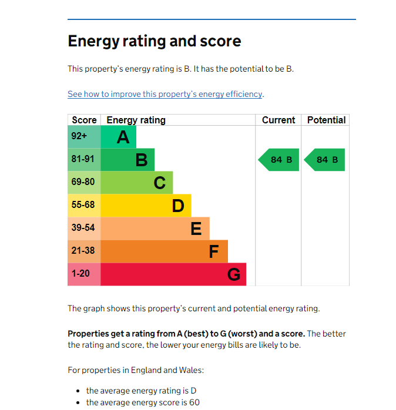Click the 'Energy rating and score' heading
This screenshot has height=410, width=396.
click(154, 41)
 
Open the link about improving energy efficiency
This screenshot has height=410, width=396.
click(165, 94)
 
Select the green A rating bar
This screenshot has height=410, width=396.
click(119, 137)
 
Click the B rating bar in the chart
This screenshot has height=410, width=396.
click(127, 160)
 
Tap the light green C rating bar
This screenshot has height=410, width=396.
click(137, 183)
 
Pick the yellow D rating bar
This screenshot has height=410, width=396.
click(146, 206)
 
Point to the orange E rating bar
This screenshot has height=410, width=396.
click(155, 228)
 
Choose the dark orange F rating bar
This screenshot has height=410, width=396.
click(164, 251)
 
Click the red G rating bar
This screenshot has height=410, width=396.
click(173, 274)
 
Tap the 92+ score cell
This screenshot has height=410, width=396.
click(84, 137)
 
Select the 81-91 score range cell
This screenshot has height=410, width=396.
click(84, 160)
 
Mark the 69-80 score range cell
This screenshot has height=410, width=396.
click(84, 183)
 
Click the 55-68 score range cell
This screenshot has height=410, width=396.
click(84, 206)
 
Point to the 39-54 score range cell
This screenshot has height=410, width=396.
click(84, 228)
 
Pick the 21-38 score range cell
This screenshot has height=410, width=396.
click(84, 251)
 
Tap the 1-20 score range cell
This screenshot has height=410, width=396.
click(84, 274)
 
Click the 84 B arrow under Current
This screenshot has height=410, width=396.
click(280, 160)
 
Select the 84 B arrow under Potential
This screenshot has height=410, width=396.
click(325, 160)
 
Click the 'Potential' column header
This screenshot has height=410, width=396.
click(326, 120)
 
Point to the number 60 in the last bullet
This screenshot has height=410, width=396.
click(194, 402)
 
